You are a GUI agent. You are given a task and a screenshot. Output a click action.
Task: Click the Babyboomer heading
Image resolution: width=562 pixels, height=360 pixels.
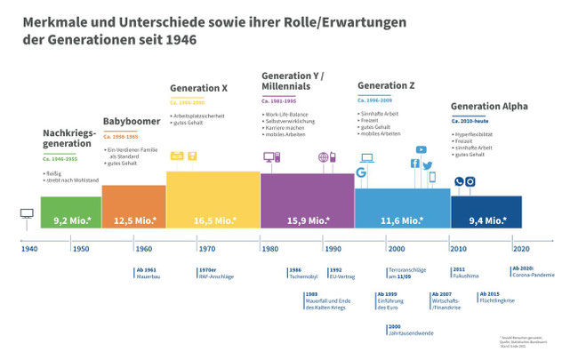pyautogui.click(x=131, y=122)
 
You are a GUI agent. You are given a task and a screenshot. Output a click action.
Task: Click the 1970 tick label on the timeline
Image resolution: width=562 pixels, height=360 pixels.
pyautogui.click(x=206, y=249)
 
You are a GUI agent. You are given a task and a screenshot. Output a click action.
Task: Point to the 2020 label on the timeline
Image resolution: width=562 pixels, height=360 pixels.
pyautogui.click(x=521, y=249)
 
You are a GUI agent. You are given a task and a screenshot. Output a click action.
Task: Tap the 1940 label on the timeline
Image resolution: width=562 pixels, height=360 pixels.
pyautogui.click(x=28, y=249)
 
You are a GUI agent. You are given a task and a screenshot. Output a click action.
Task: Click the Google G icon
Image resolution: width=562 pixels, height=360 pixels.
pyautogui.click(x=362, y=172)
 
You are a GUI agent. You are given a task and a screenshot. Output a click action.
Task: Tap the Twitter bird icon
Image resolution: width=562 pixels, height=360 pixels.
pyautogui.click(x=427, y=166)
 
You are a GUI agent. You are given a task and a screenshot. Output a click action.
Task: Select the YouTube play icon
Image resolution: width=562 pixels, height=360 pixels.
pyautogui.click(x=421, y=150)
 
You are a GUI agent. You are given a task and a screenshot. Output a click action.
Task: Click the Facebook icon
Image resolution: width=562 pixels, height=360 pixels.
pyautogui.click(x=413, y=164)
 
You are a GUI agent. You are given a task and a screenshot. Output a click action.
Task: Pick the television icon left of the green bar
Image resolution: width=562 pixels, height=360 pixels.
pyautogui.click(x=26, y=214)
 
